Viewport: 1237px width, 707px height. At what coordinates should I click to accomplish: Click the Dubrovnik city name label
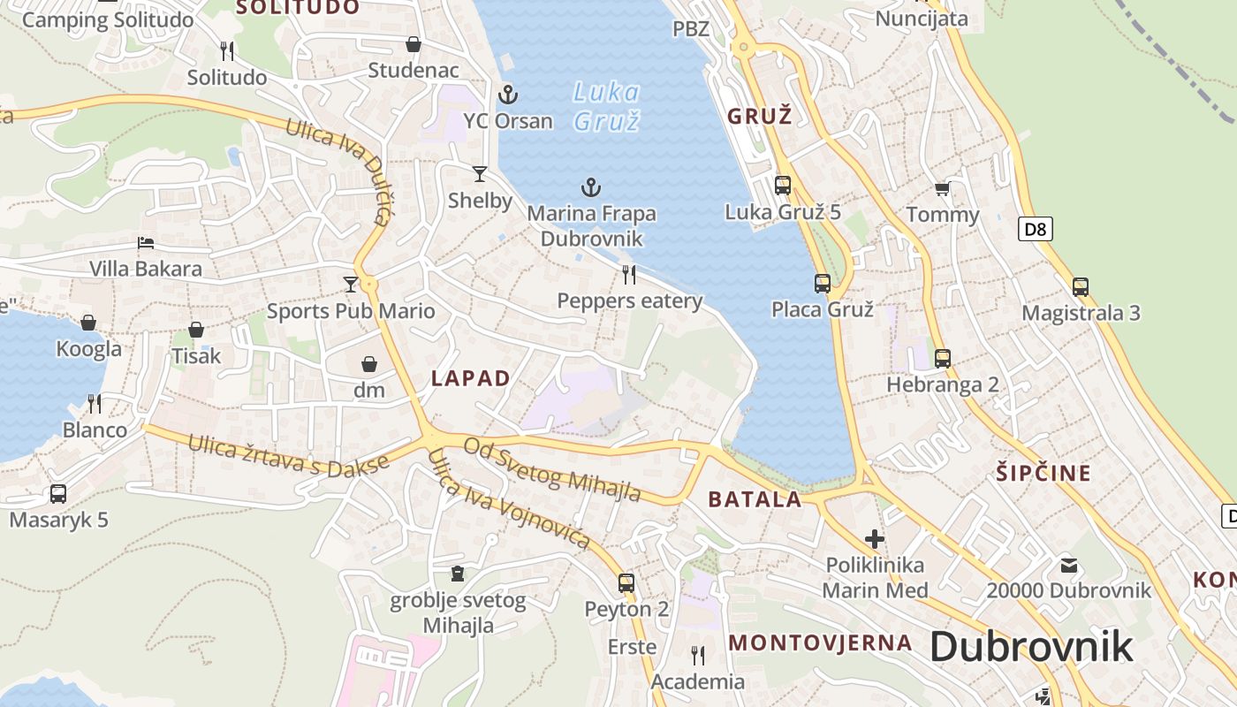coord(1031,647)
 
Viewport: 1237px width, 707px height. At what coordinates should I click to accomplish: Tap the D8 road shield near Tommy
coord(1036,230)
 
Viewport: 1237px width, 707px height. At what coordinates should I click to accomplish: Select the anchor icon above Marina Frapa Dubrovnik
coord(590,186)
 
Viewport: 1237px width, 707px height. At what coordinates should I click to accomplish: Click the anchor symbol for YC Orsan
coord(508,94)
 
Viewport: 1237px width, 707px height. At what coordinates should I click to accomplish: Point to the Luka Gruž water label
coord(605,106)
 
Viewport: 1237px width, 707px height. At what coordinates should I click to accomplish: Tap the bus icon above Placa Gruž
coord(823,284)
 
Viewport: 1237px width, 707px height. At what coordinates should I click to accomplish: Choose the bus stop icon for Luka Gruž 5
coord(783,185)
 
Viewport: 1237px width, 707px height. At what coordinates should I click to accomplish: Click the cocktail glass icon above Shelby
coord(480,174)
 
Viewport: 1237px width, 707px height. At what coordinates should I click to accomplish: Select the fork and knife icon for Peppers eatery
coord(629,275)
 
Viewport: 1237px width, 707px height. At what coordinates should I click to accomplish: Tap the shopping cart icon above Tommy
coord(942,188)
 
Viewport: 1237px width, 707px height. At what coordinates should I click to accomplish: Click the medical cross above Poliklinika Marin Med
coord(875,539)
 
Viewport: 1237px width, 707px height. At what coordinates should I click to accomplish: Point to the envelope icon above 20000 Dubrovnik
coord(1069,565)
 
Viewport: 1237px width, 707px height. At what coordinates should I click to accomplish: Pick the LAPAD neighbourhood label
coord(471,379)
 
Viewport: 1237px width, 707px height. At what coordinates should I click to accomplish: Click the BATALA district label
coord(755,499)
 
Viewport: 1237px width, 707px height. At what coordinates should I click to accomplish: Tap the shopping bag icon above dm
coord(369,364)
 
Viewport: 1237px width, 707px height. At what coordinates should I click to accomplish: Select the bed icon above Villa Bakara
coord(146,243)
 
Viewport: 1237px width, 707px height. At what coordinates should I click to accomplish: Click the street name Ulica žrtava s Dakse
coord(288,453)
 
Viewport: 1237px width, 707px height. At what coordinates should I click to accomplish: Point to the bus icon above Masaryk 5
coord(58,494)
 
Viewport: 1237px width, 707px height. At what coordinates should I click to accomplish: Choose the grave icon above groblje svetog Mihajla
coord(457,574)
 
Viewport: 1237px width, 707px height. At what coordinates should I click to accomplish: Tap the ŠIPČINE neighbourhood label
coord(1043,473)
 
